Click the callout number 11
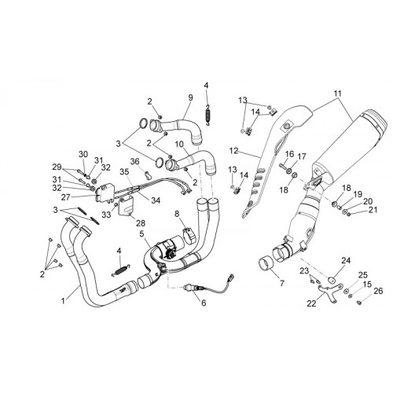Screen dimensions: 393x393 click(x=337, y=94)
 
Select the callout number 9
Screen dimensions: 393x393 click(x=190, y=97)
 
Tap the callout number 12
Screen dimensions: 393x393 click(x=234, y=151)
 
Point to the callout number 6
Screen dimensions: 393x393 click(x=204, y=303)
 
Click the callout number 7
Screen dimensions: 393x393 click(x=282, y=283)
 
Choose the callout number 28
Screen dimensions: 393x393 click(x=141, y=223)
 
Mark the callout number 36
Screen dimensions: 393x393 click(x=135, y=161)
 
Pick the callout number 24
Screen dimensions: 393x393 click(x=346, y=260)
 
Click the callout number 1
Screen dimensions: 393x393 click(x=63, y=301)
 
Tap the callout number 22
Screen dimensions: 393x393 click(x=311, y=303)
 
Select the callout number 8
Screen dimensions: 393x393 click(x=177, y=214)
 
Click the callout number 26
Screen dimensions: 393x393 click(x=379, y=291)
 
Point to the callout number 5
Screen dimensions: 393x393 click(x=141, y=233)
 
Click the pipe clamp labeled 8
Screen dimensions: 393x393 click(x=189, y=235)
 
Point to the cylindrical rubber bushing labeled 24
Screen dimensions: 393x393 click(x=332, y=280)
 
